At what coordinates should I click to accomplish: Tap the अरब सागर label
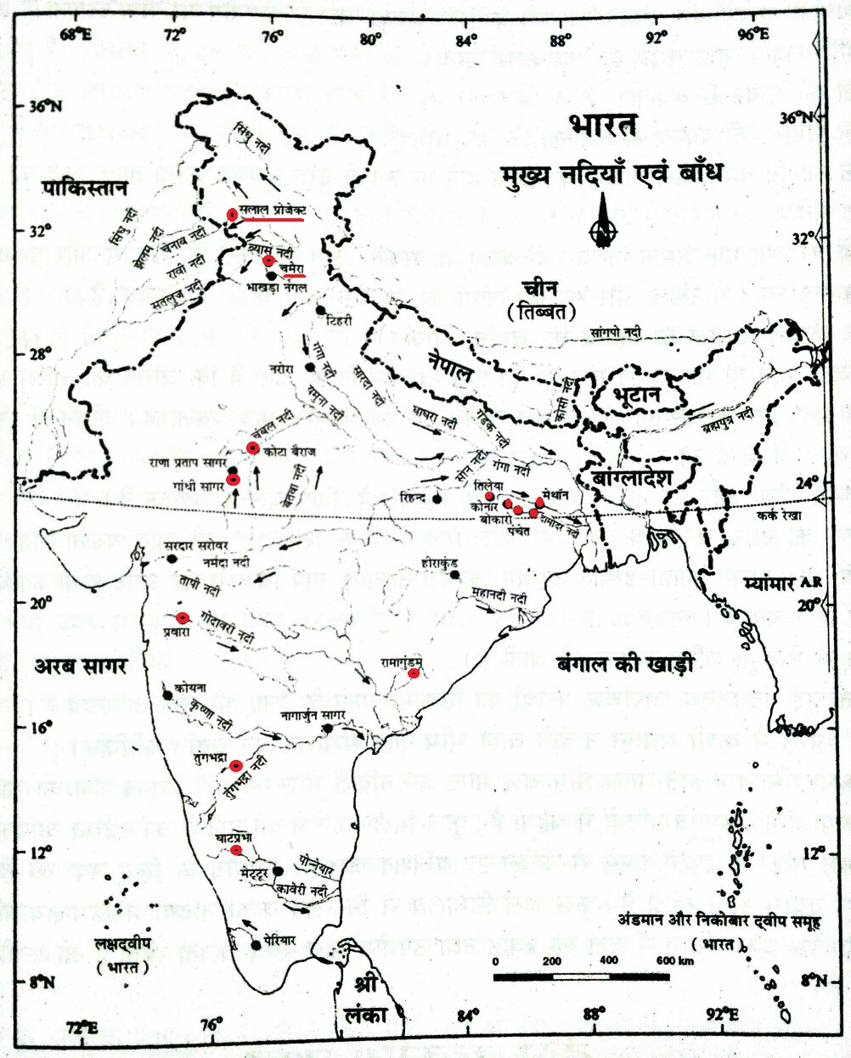[x=80, y=666]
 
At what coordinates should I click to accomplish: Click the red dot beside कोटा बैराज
[x=252, y=448]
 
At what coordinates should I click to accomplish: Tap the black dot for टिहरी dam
[x=321, y=311]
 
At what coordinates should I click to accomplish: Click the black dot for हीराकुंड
[x=455, y=574]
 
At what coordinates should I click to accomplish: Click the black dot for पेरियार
[x=256, y=944]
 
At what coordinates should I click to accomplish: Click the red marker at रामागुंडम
[x=414, y=673]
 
